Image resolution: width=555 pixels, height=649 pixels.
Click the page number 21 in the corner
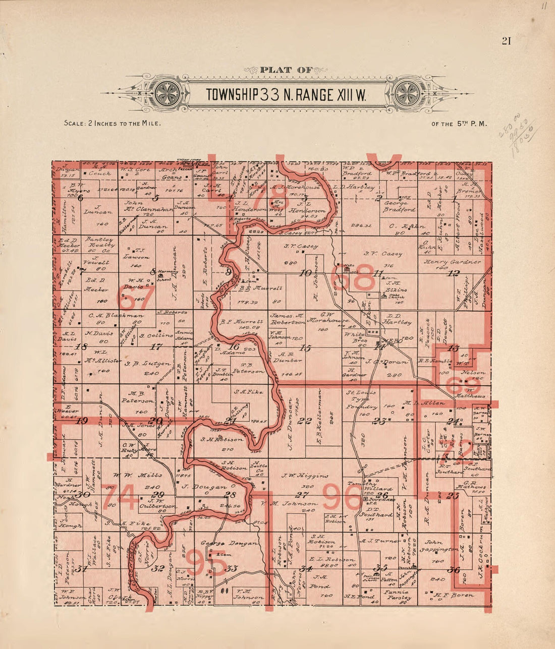pyautogui.click(x=506, y=41)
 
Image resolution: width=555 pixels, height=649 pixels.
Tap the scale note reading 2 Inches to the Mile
pyautogui.click(x=112, y=123)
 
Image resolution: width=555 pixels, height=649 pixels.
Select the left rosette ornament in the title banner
pyautogui.click(x=164, y=93)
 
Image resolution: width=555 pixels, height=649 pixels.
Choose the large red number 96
pyautogui.click(x=342, y=497)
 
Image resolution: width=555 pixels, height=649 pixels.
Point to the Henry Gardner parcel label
pyautogui.click(x=453, y=262)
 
